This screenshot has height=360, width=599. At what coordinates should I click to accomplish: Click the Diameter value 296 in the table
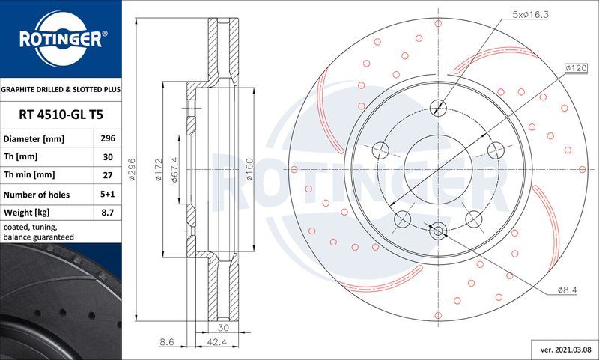point(108,139)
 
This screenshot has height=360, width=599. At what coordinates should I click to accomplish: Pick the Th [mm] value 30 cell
point(108,157)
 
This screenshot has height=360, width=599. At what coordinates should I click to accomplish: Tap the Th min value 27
point(108,175)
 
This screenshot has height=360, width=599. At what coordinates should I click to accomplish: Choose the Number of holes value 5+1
point(108,195)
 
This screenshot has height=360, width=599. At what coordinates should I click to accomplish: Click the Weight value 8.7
point(108,213)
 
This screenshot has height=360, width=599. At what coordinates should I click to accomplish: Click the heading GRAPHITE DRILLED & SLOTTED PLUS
point(60,89)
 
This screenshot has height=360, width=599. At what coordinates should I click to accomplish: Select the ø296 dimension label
point(132,171)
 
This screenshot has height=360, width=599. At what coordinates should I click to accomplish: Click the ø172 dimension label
point(158,171)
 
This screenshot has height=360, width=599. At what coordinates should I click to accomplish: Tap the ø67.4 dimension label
point(175,170)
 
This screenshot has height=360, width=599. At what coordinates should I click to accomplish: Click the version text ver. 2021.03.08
point(565,350)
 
